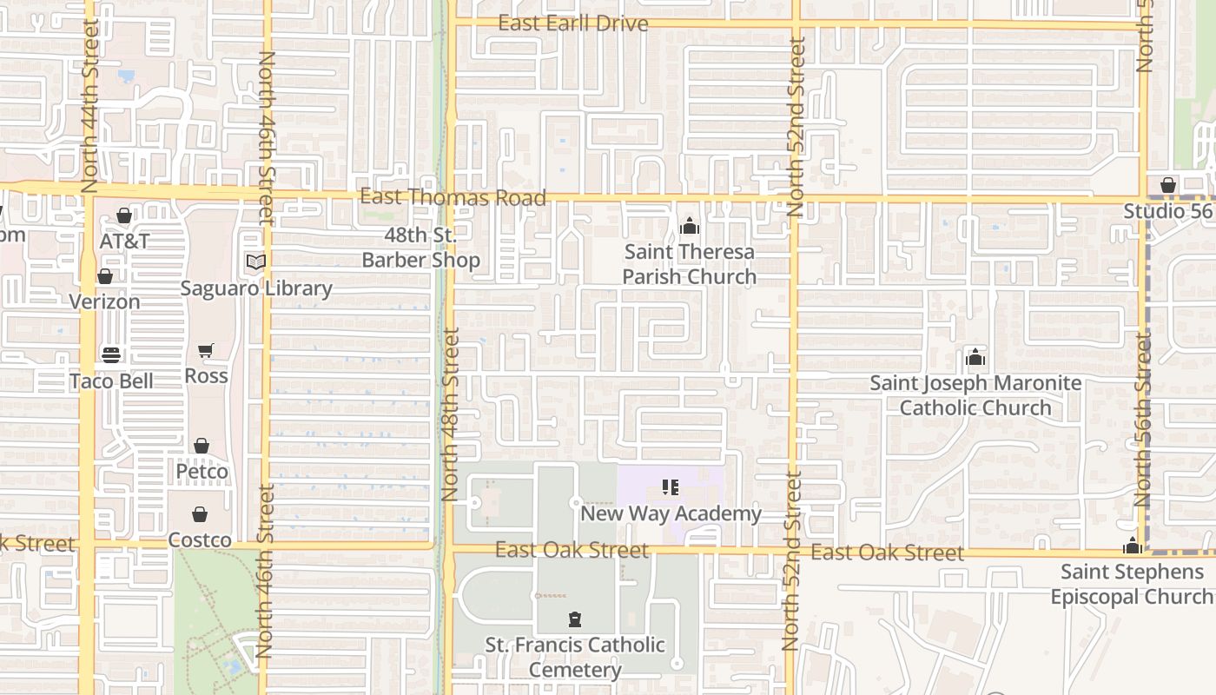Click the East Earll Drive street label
pos(572,23)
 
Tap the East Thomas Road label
pos(453,198)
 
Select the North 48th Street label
pos(449,414)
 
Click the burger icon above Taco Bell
pos(110,354)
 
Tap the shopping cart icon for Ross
pos(206,350)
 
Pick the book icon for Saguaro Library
pos(255,261)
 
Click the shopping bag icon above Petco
pos(202,446)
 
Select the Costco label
pos(200,540)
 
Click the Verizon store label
pos(105,301)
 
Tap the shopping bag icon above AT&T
pos(124,215)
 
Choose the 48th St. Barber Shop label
pos(420,248)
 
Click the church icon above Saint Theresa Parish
pos(690,227)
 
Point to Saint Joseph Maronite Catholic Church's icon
pos(975,357)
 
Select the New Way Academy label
pos(671,513)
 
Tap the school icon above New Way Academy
pos(670,487)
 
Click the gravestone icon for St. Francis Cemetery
pos(574,619)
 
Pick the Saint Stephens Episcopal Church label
pos(1132,584)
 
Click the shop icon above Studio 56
pos(1168,185)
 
